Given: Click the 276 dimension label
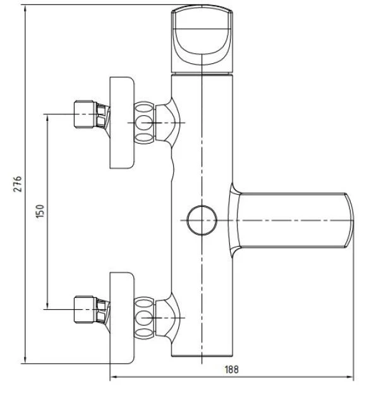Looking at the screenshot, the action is click(18, 184).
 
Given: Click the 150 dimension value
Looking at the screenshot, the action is click(40, 211).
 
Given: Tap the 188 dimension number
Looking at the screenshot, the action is click(231, 369).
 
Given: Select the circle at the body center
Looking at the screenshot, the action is click(202, 220).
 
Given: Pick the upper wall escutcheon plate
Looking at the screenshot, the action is click(122, 123).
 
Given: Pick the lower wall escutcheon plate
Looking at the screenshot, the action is click(122, 318).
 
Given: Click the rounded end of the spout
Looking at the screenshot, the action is click(349, 220).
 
